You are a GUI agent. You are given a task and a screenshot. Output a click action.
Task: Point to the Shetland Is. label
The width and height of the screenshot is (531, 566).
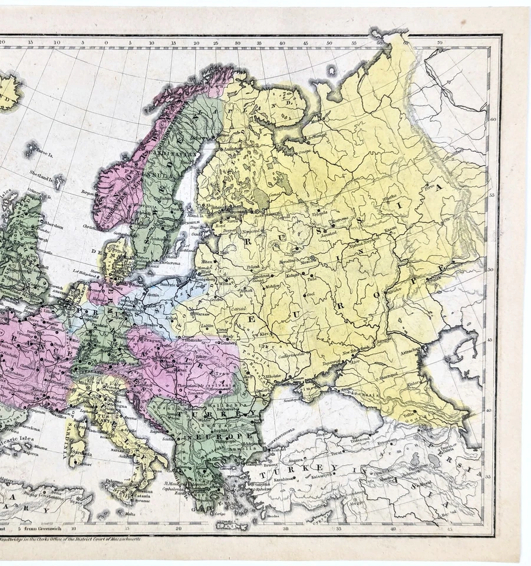(42, 173)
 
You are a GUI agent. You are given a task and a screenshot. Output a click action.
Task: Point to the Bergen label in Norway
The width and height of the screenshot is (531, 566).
(88, 192)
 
